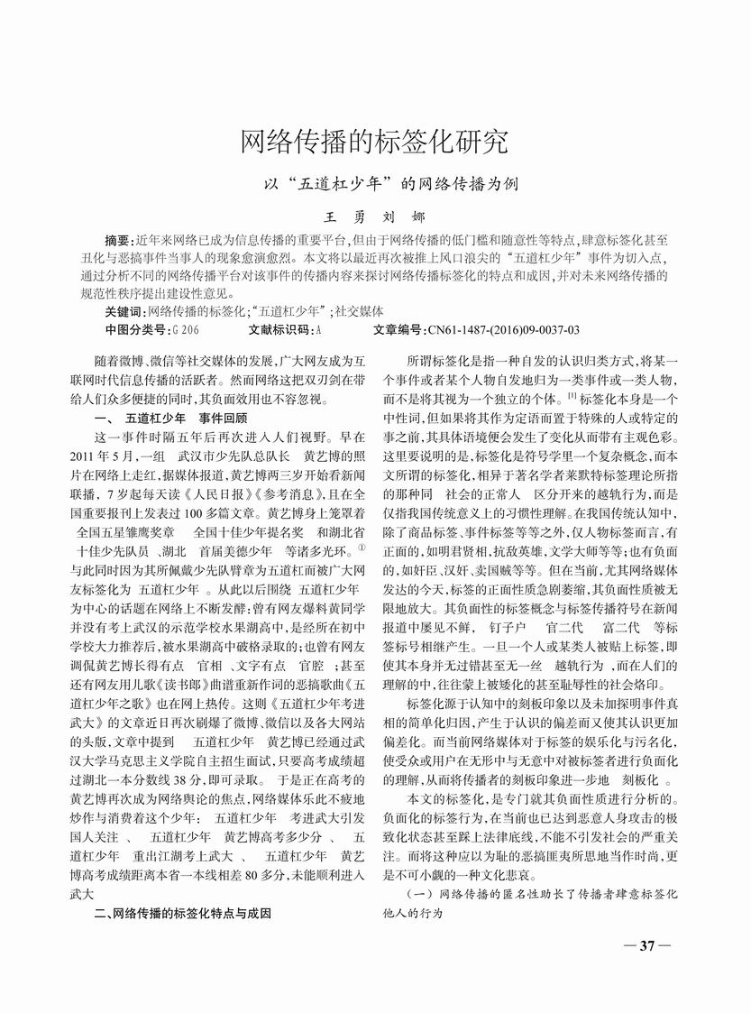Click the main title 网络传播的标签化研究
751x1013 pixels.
click(374, 141)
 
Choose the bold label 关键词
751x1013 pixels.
click(125, 311)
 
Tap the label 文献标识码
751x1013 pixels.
click(279, 329)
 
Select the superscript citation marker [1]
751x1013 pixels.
click(572, 396)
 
